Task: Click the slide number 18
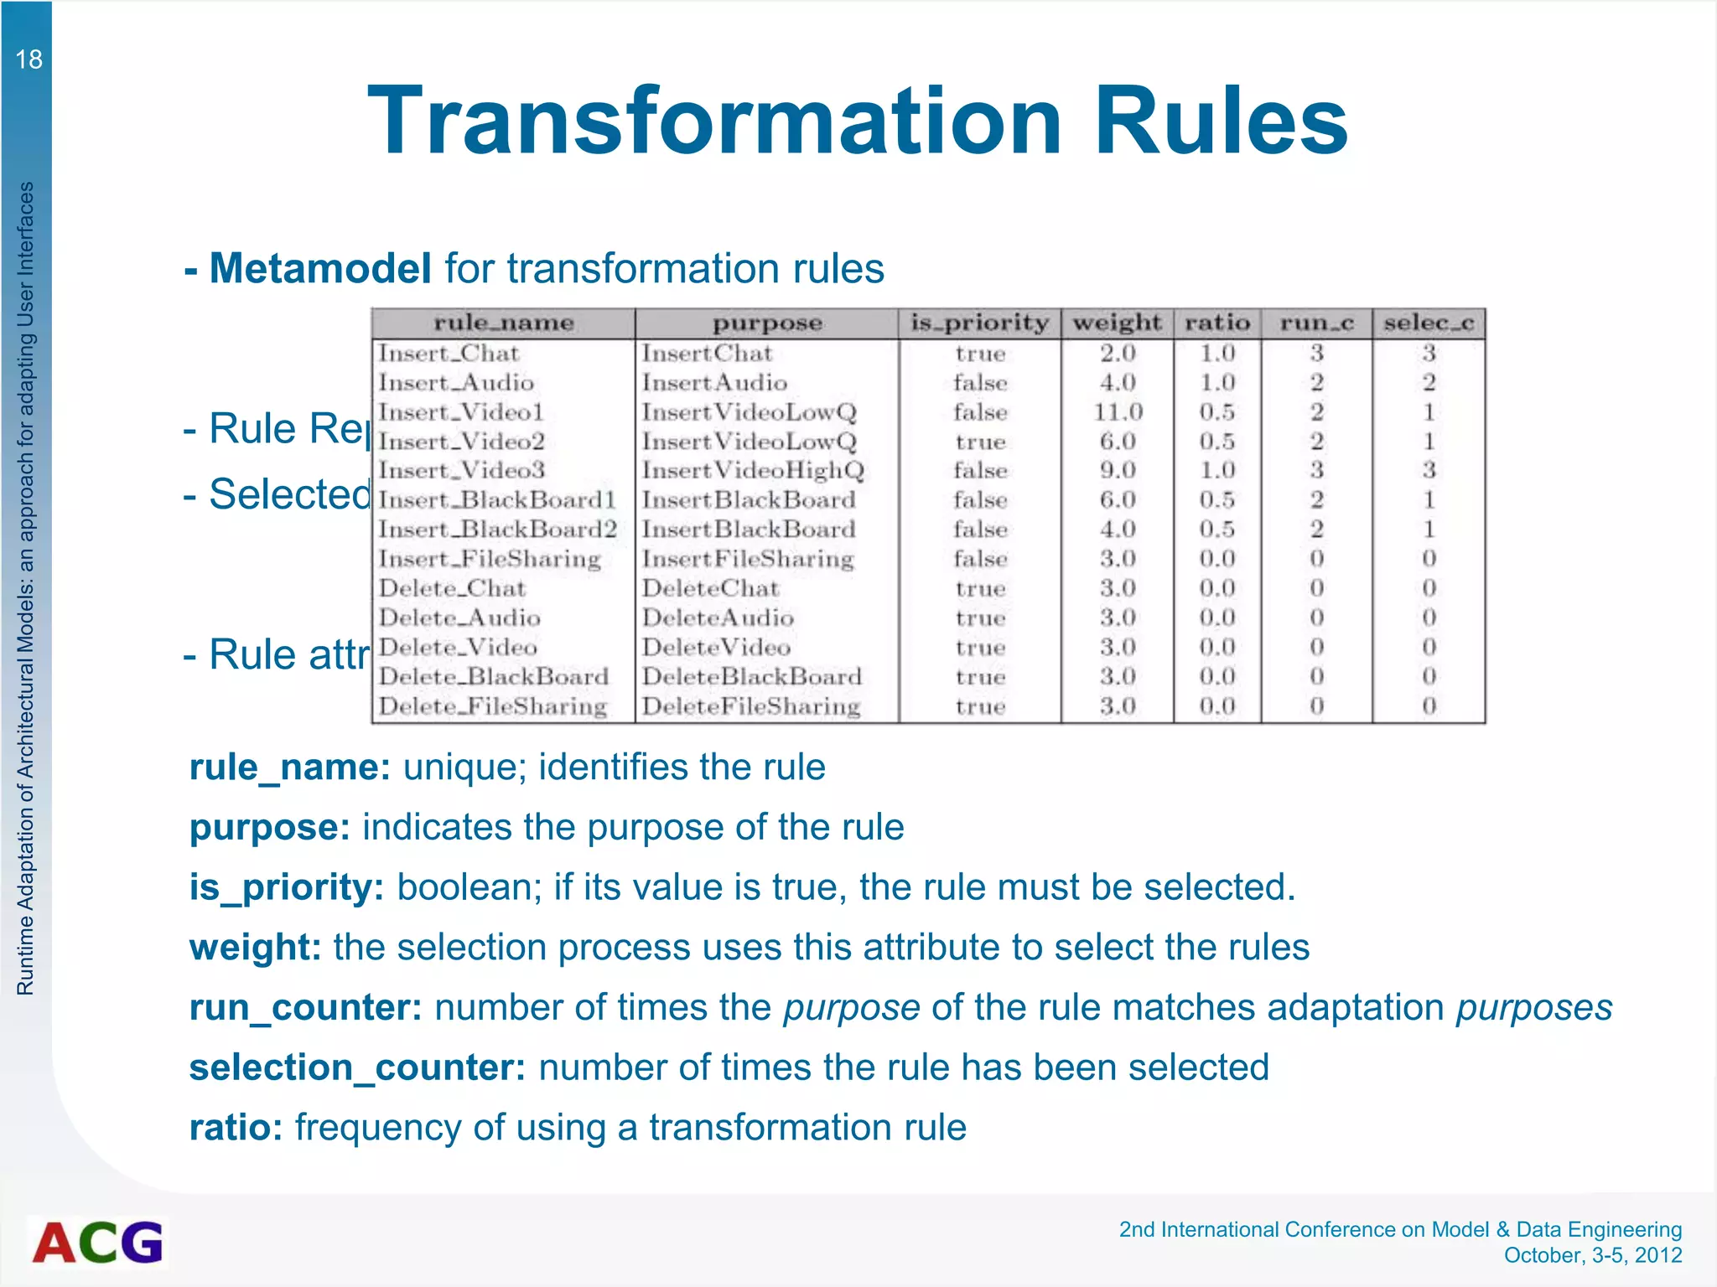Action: (29, 59)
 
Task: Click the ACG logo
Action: (98, 1242)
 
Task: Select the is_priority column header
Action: (979, 323)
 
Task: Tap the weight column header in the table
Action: (1117, 323)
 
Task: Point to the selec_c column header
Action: (1429, 323)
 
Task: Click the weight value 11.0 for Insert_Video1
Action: (1118, 412)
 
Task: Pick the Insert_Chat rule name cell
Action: (449, 354)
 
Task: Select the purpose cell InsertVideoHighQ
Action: (753, 471)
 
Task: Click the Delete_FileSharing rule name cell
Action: (493, 706)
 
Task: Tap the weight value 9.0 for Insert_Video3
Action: (1118, 471)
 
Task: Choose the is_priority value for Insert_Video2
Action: (980, 442)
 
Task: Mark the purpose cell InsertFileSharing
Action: (748, 559)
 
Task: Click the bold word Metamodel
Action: (320, 269)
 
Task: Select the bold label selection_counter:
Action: (357, 1067)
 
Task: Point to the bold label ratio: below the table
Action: (236, 1128)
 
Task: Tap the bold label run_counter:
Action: (305, 1007)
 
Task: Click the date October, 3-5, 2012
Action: (1593, 1255)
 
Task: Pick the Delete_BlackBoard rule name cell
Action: (494, 677)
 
